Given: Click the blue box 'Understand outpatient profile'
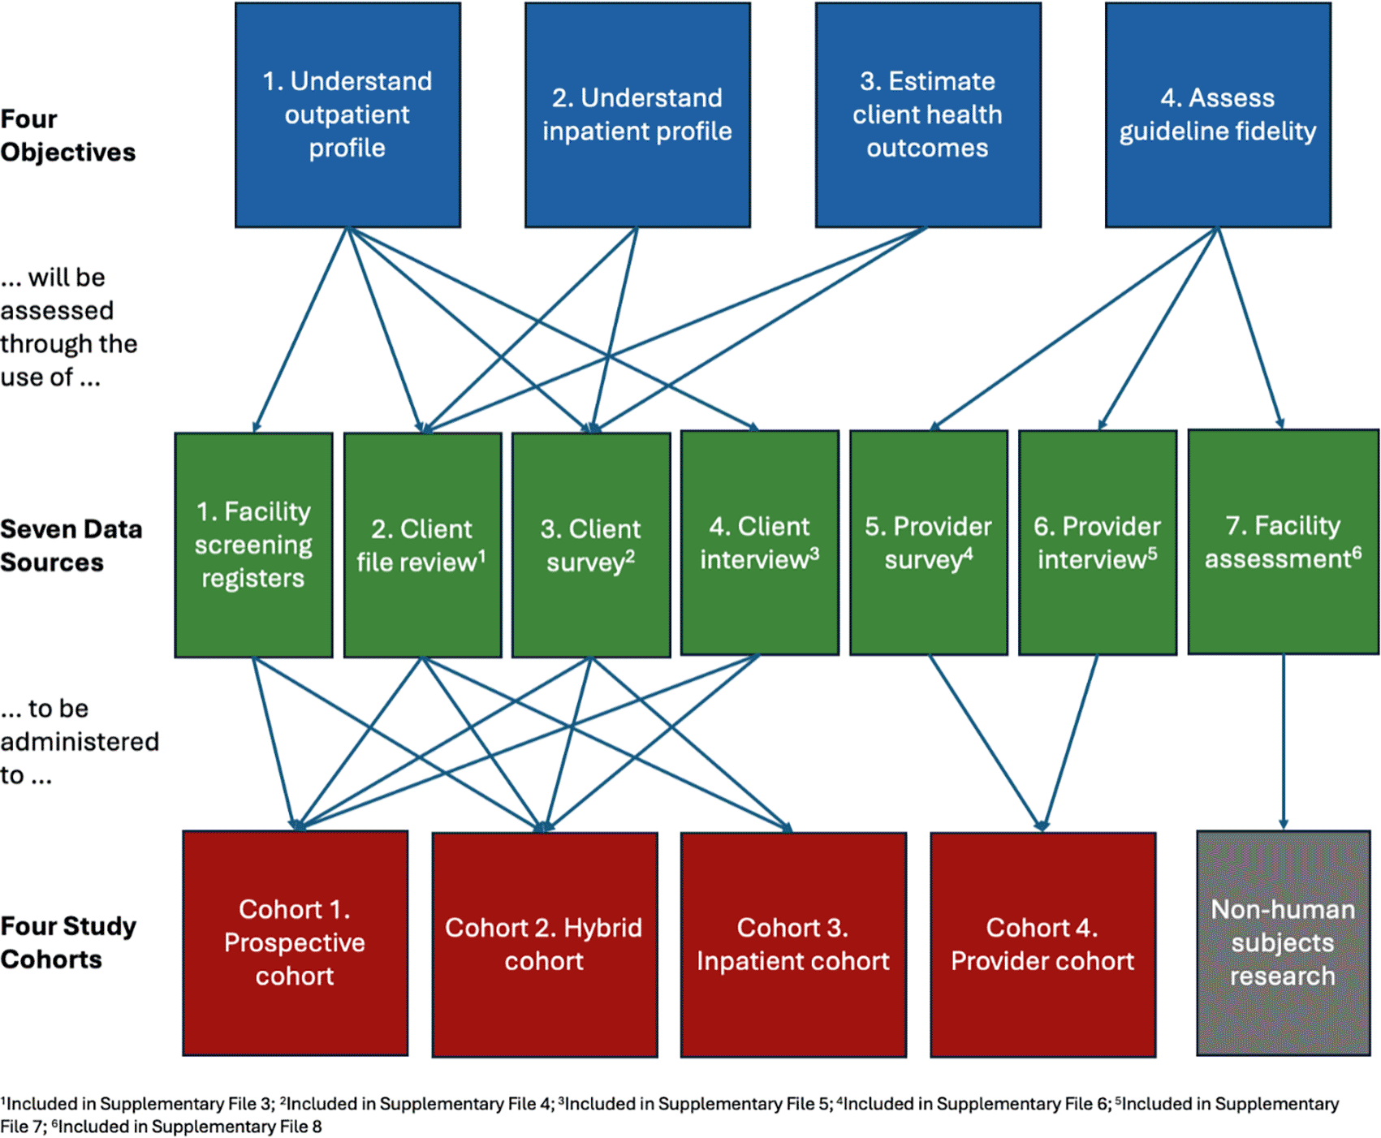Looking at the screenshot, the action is pyautogui.click(x=347, y=115).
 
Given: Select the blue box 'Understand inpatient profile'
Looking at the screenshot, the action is pyautogui.click(x=637, y=115).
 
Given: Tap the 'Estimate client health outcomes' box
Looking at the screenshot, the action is pyautogui.click(x=928, y=115).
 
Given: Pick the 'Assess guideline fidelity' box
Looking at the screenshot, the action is pyautogui.click(x=1218, y=115).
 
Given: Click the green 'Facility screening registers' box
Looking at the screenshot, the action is pyautogui.click(x=253, y=545).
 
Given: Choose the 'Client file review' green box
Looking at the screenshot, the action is pyautogui.click(x=422, y=545).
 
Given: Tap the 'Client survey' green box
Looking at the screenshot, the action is pyautogui.click(x=591, y=545).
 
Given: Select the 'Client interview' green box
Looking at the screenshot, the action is pyautogui.click(x=760, y=542).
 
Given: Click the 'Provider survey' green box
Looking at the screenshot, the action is pyautogui.click(x=929, y=542).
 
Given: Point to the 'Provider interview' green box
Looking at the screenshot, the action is pyautogui.click(x=1098, y=542).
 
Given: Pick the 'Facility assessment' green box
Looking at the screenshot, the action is pyautogui.click(x=1283, y=542).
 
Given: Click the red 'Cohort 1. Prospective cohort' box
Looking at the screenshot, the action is pyautogui.click(x=296, y=942).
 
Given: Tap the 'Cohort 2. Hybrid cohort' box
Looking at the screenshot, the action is pyautogui.click(x=545, y=944).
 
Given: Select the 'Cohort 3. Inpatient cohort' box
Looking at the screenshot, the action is pyautogui.click(x=793, y=944).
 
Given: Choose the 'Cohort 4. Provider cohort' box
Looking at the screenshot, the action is pyautogui.click(x=1042, y=944).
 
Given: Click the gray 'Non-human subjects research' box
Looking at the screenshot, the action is pyautogui.click(x=1283, y=942).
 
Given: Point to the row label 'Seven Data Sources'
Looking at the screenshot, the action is pyautogui.click(x=71, y=545).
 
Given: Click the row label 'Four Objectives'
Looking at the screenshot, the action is pyautogui.click(x=68, y=136).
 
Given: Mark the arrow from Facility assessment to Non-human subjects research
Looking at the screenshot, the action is pyautogui.click(x=1284, y=742).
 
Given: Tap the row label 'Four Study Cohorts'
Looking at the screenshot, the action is pyautogui.click(x=68, y=942).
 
